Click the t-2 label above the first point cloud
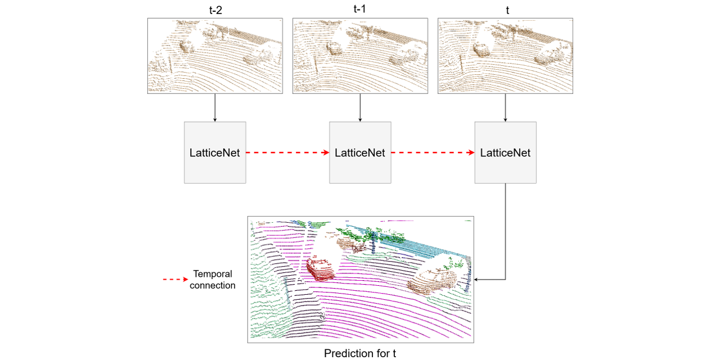click(x=215, y=10)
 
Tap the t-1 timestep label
click(x=360, y=8)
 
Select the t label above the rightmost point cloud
click(x=505, y=10)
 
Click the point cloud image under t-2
click(x=215, y=56)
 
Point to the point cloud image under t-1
click(x=360, y=56)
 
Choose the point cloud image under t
click(x=505, y=56)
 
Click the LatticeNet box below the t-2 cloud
click(x=215, y=152)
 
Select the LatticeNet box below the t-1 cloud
click(x=360, y=152)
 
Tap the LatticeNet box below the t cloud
click(x=505, y=152)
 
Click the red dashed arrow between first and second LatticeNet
click(x=287, y=152)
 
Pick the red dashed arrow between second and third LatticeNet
click(x=433, y=152)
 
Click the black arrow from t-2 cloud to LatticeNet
click(x=215, y=107)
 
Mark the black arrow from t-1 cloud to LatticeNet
click(x=360, y=107)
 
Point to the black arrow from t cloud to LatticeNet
click(x=505, y=107)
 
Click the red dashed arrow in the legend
click(x=175, y=280)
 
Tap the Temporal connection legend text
click(x=213, y=280)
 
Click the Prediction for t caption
click(x=360, y=353)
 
